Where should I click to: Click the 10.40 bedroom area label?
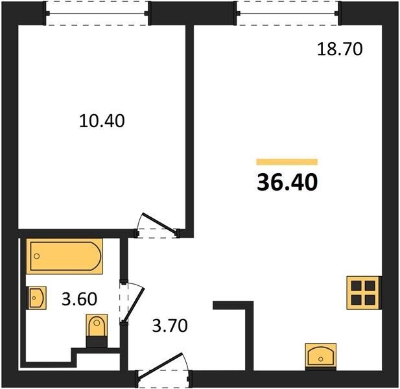[x=102, y=121]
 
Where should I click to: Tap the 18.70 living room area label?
[x=340, y=49]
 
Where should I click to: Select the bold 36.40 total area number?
[x=287, y=182]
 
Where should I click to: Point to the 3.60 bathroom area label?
[x=79, y=299]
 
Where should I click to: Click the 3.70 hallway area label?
[x=170, y=325]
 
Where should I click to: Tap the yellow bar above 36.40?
[x=287, y=161]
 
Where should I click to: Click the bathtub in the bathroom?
[x=64, y=256]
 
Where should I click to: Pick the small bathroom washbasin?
[x=37, y=298]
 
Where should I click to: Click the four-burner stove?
[x=363, y=293]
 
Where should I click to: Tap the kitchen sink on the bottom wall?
[x=321, y=357]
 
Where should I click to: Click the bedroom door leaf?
[x=159, y=224]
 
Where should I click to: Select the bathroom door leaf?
[x=134, y=305]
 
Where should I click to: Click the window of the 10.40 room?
[x=97, y=13]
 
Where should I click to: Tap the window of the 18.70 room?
[x=287, y=13]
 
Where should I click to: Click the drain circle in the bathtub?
[x=37, y=256]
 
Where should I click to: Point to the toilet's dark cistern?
[x=97, y=342]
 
